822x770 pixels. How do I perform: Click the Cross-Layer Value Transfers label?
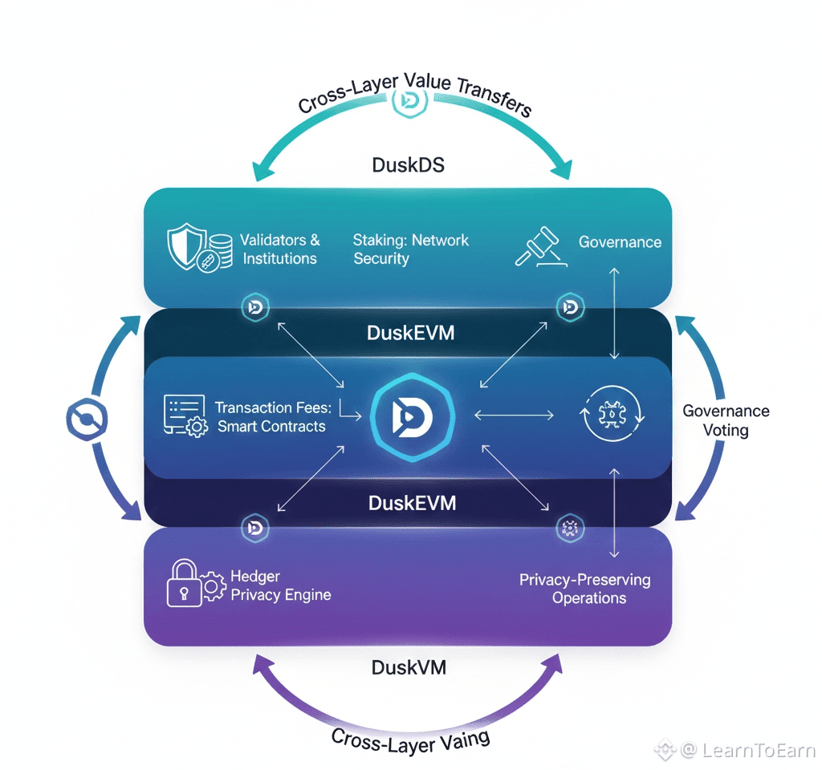pyautogui.click(x=413, y=96)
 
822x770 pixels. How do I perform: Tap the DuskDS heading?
pyautogui.click(x=408, y=165)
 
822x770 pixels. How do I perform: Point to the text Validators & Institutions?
pyautogui.click(x=279, y=249)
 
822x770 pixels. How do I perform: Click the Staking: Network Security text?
pyautogui.click(x=410, y=249)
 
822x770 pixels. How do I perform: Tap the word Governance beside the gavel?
pyautogui.click(x=620, y=242)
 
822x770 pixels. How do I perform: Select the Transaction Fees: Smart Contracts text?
pyautogui.click(x=271, y=417)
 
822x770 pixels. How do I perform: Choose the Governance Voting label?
pyautogui.click(x=726, y=420)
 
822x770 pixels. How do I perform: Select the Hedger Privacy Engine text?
pyautogui.click(x=280, y=586)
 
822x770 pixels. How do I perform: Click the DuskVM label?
pyautogui.click(x=409, y=667)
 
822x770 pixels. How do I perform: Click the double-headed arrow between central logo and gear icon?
pyautogui.click(x=514, y=415)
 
